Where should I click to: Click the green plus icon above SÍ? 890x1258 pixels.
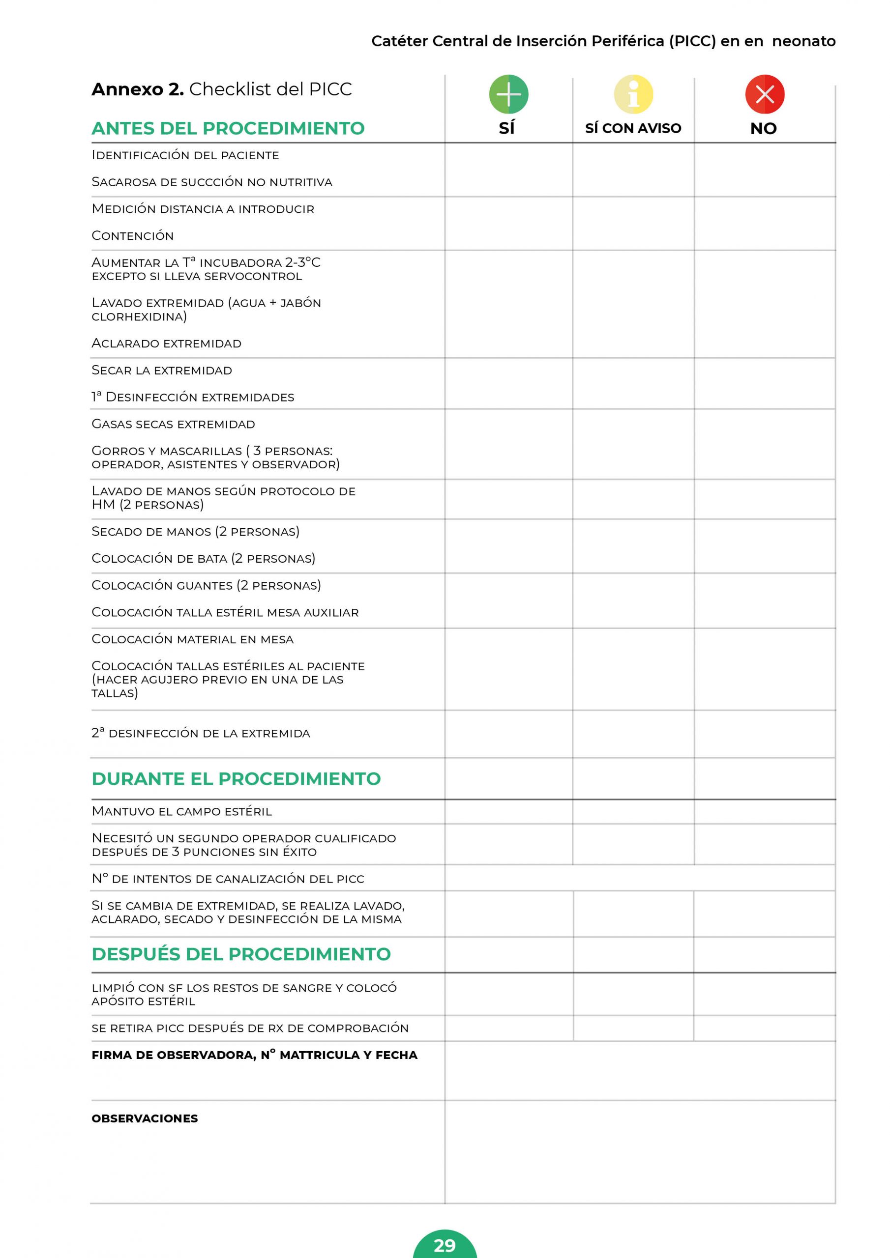point(508,94)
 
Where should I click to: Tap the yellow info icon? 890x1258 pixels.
point(633,94)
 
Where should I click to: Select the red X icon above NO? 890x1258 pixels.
point(765,94)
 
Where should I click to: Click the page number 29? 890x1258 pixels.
point(445,1245)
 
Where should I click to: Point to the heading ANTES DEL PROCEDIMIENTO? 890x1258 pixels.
point(228,128)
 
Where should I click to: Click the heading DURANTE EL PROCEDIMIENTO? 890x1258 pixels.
point(236,778)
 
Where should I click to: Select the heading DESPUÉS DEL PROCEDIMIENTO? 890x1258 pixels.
point(241,954)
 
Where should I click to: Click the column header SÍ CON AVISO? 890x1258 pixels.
point(633,128)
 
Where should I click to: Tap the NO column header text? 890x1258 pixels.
point(763,129)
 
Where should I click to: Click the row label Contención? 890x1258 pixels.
point(132,235)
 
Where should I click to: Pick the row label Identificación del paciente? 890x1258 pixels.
point(185,155)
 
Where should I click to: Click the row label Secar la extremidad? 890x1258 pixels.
point(161,371)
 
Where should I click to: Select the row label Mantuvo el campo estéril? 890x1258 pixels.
point(181,811)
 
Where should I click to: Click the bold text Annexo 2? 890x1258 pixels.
point(137,89)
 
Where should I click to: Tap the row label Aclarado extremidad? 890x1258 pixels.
point(166,343)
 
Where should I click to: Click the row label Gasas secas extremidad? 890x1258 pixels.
point(173,424)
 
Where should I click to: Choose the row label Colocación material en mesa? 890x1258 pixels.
point(192,639)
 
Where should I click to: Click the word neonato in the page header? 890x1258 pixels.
point(803,41)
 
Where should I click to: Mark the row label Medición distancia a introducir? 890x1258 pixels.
point(203,209)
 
